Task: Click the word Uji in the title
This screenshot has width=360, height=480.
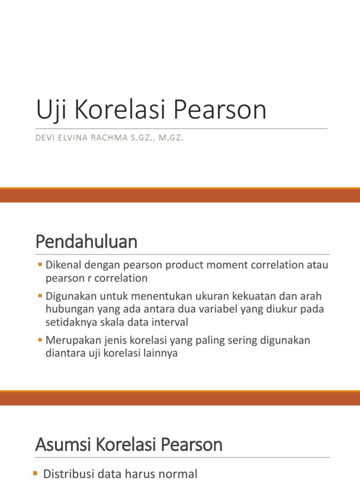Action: pyautogui.click(x=49, y=110)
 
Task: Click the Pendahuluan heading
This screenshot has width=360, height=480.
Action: pyautogui.click(x=86, y=242)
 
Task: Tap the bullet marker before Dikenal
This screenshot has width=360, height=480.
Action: pyautogui.click(x=40, y=265)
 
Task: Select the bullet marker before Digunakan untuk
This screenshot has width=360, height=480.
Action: pyautogui.click(x=40, y=297)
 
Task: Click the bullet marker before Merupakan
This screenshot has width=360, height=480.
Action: pyautogui.click(x=40, y=340)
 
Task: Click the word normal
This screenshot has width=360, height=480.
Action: pyautogui.click(x=176, y=474)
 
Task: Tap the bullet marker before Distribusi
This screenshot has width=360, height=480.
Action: pyautogui.click(x=37, y=474)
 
